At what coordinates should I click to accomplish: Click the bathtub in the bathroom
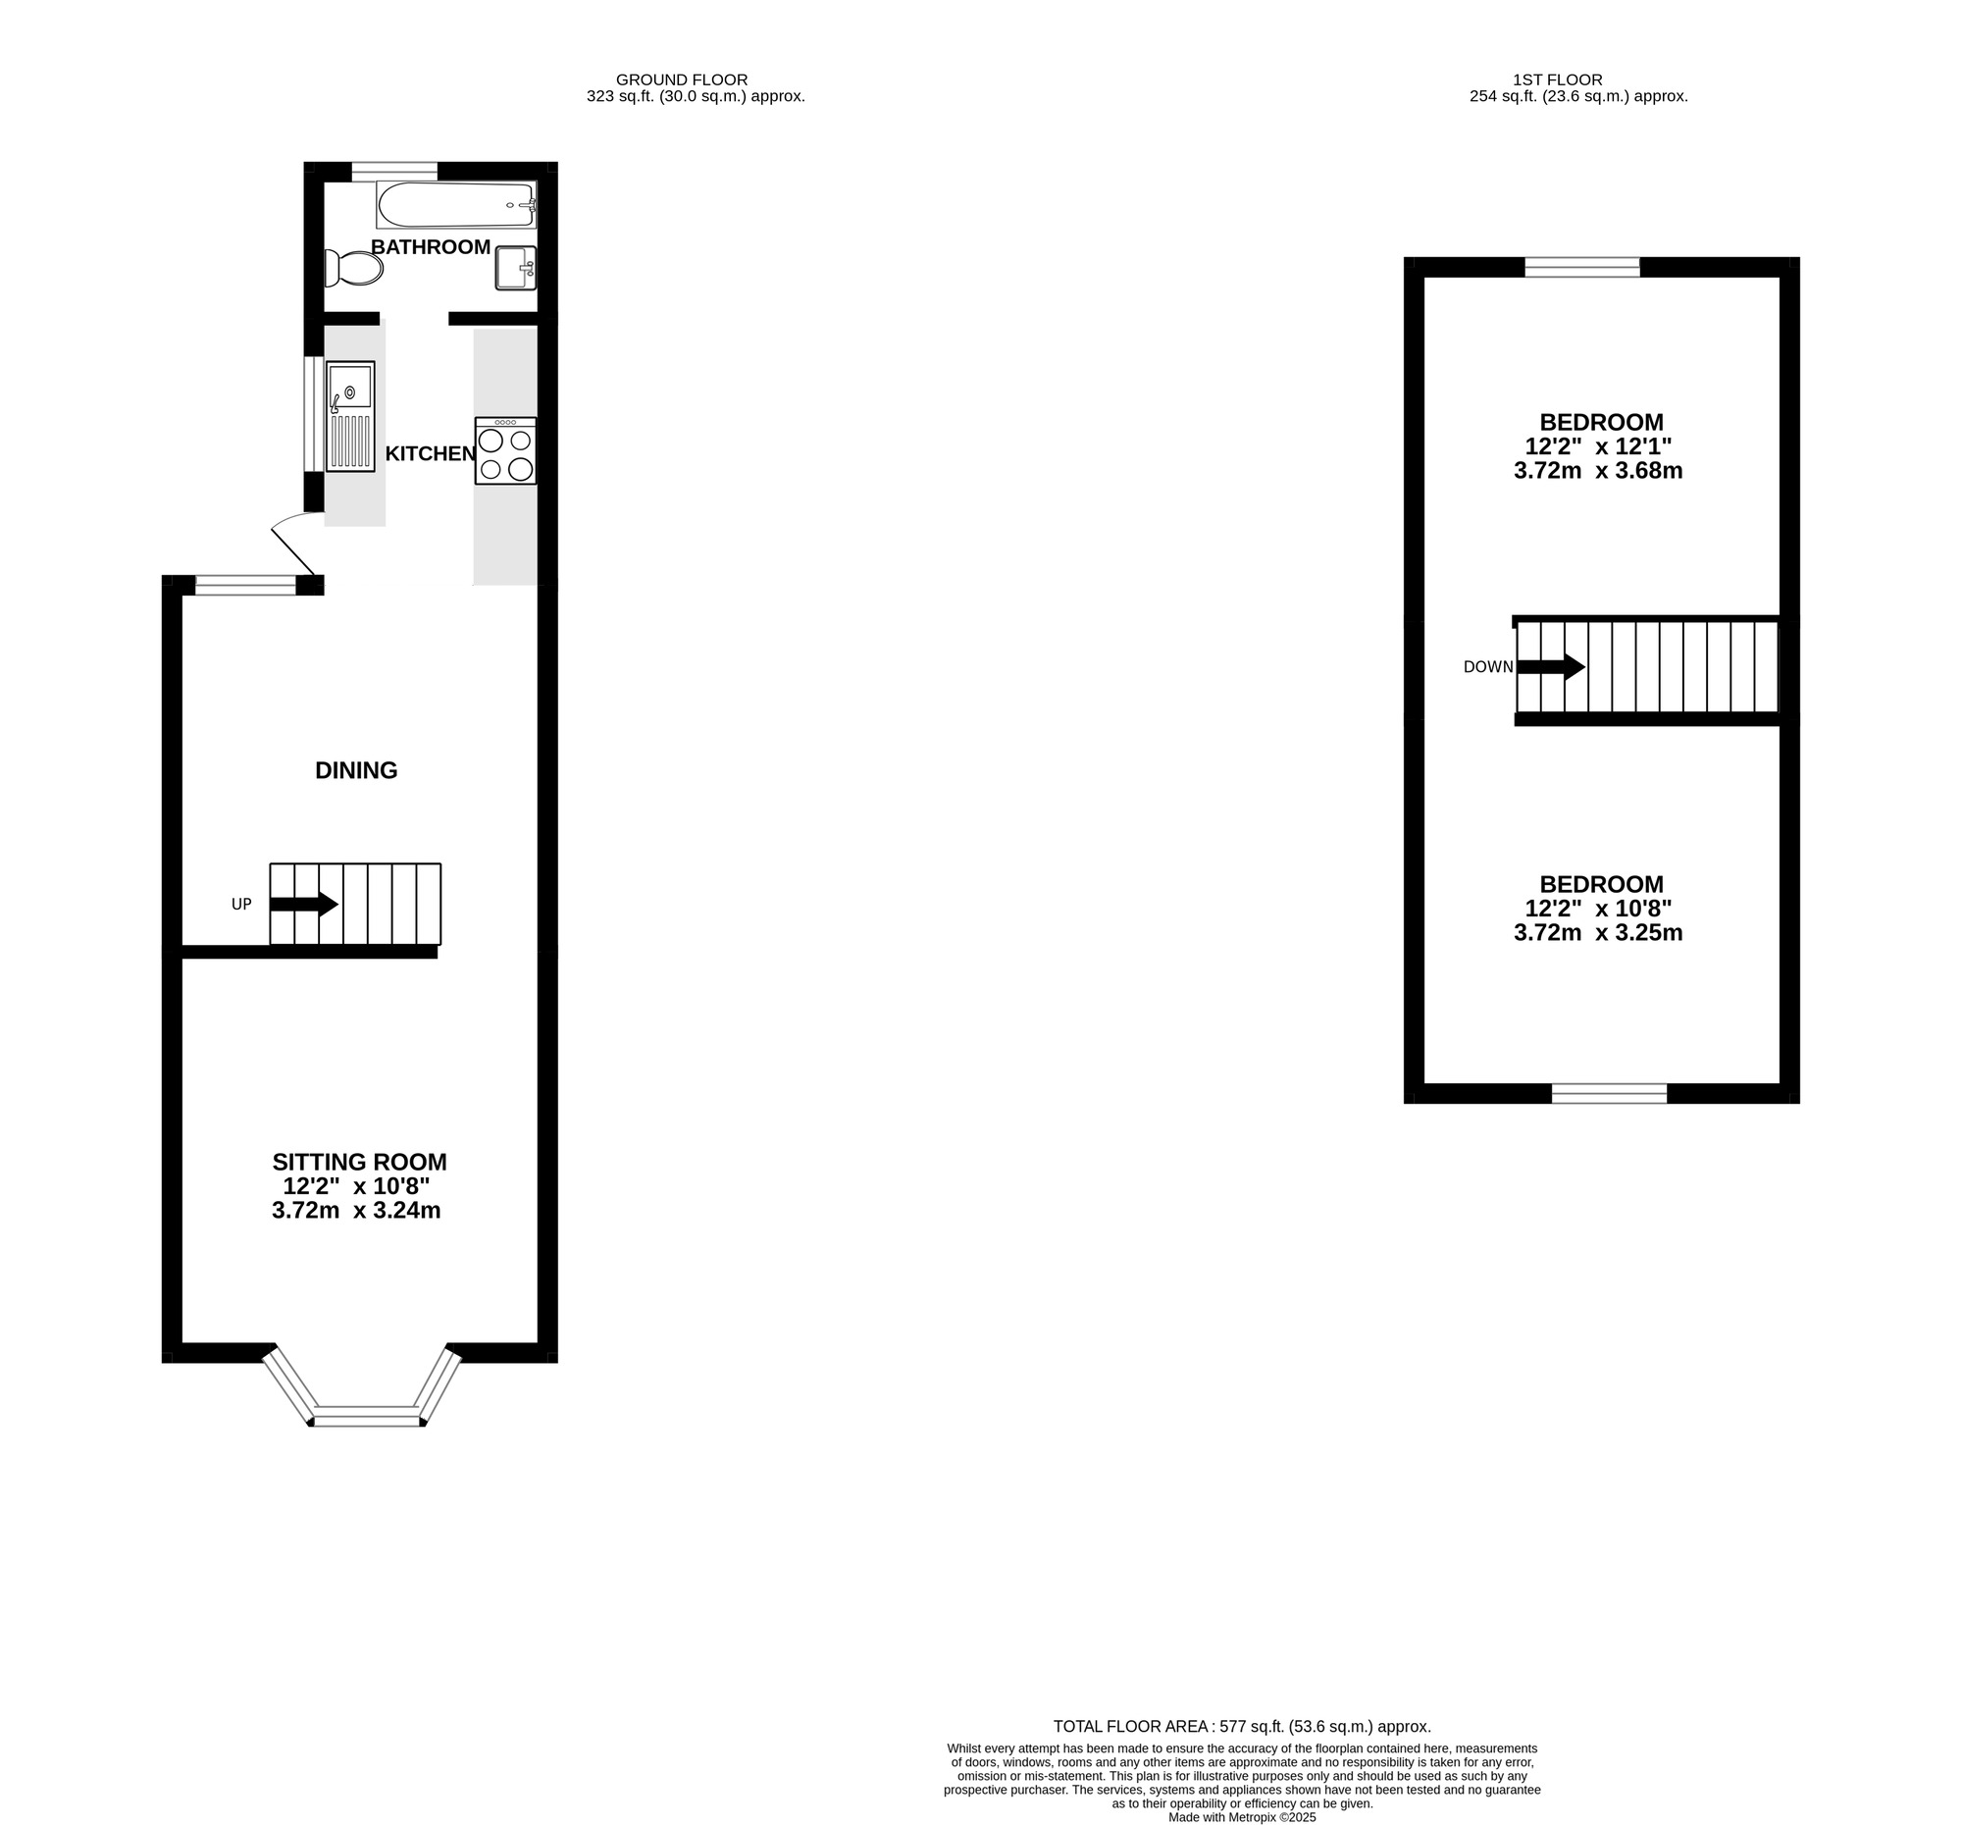point(455,204)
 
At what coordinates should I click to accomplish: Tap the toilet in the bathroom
point(354,268)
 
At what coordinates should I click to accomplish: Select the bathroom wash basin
point(515,268)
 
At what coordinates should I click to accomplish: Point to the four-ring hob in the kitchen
point(505,451)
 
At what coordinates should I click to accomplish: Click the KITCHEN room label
point(431,454)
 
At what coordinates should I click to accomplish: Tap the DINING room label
point(356,771)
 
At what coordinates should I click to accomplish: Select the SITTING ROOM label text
point(359,1162)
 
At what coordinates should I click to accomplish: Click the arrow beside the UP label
point(304,904)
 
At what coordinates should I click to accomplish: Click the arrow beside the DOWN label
point(1550,667)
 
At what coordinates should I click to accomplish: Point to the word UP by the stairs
point(241,904)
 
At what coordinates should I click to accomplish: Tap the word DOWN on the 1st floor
point(1488,667)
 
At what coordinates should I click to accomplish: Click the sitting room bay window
point(366,1420)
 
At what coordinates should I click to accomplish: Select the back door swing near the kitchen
point(293,546)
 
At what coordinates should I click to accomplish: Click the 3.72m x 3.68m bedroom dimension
point(1598,471)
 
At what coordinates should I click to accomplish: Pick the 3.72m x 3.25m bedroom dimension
point(1598,933)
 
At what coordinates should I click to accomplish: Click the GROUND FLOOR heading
point(681,79)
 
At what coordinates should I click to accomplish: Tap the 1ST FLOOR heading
point(1558,79)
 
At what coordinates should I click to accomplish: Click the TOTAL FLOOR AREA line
point(1242,1726)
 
